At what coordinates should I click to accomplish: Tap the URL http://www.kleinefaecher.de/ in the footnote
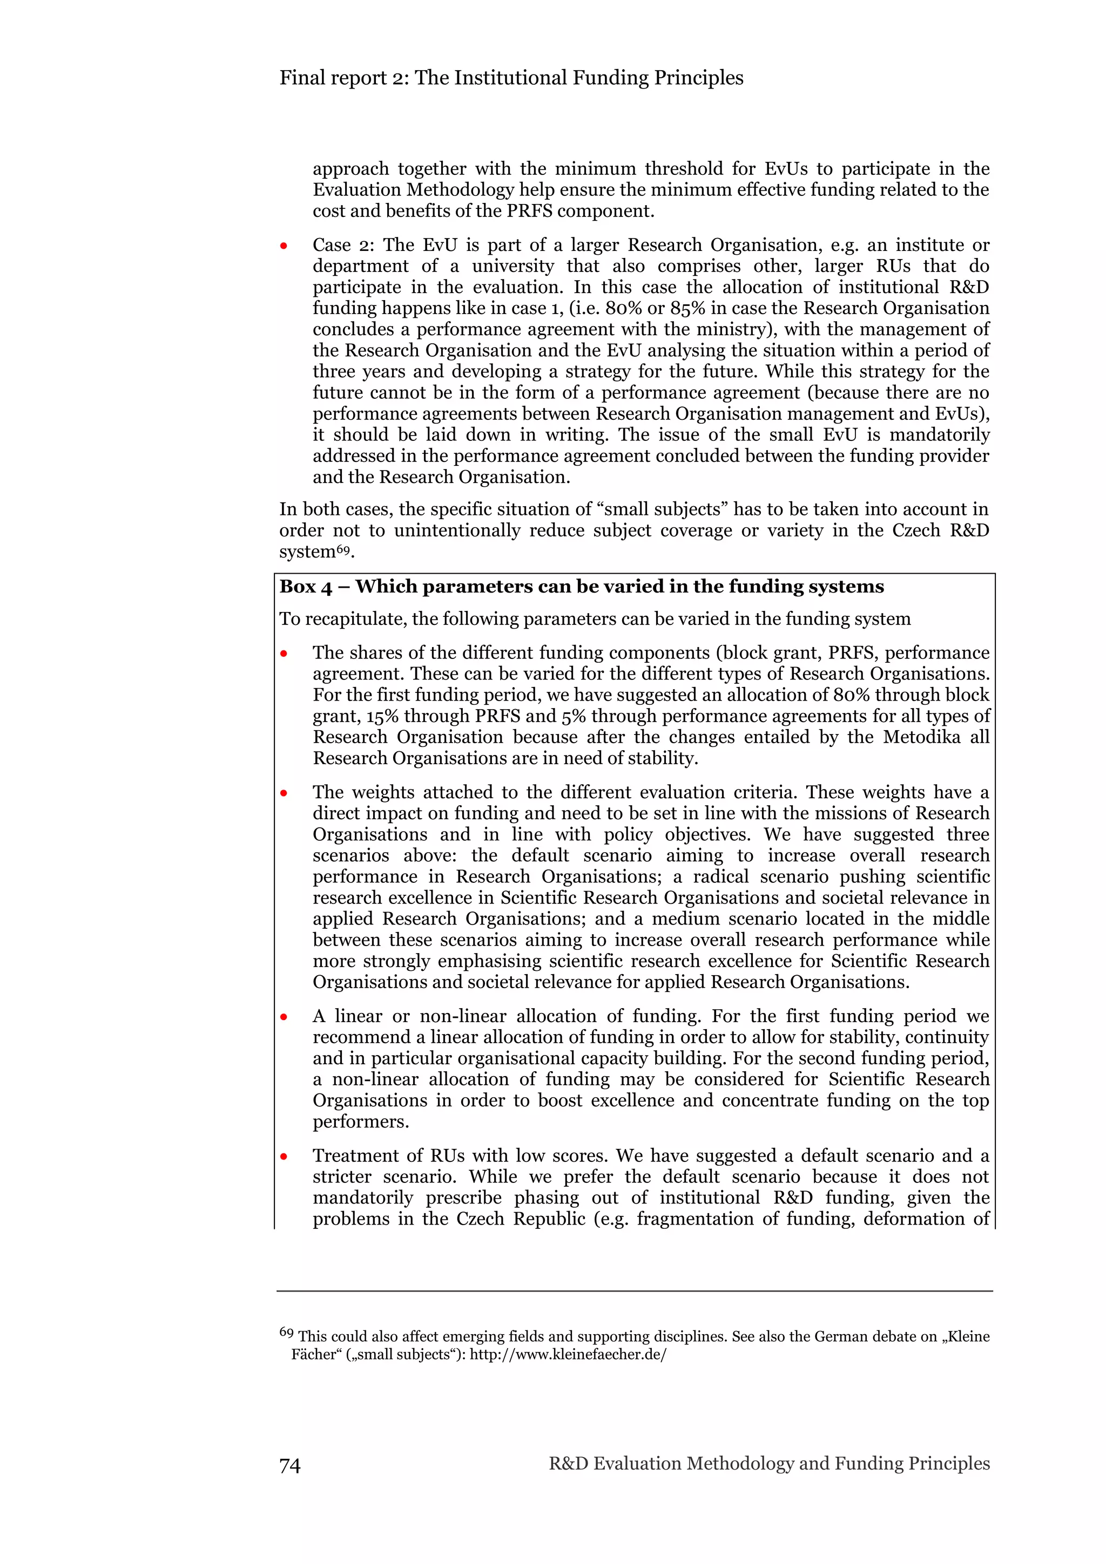coord(568,1354)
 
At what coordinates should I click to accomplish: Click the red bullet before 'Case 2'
coord(284,246)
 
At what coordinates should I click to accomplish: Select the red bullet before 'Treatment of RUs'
coord(284,1157)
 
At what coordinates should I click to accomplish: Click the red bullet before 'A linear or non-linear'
coord(284,1017)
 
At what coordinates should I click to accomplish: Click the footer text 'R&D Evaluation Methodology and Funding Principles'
coord(768,1463)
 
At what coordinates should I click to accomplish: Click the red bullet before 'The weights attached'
coord(284,793)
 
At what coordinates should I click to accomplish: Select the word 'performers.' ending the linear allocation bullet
coord(361,1121)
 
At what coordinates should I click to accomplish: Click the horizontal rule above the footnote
coord(634,1291)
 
